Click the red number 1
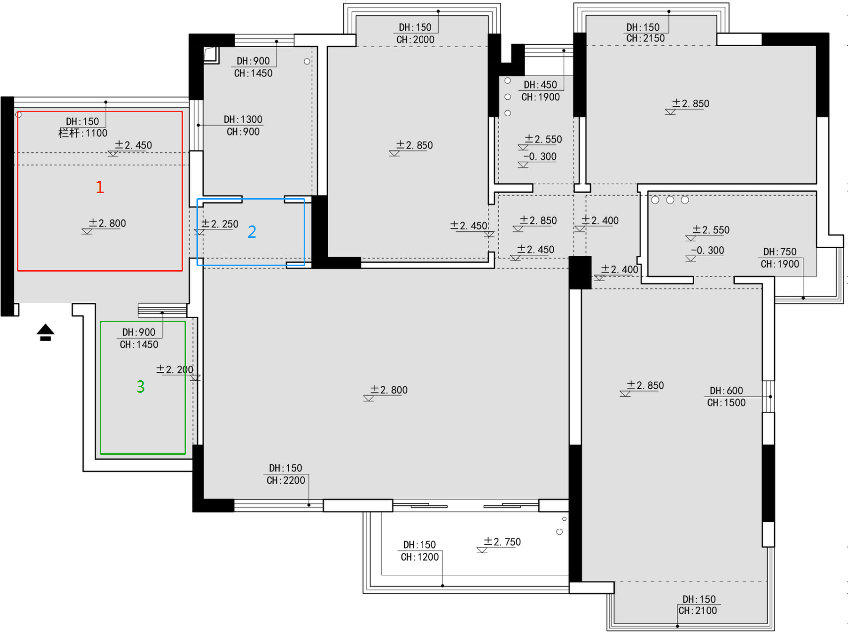tap(100, 187)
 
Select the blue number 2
tap(252, 232)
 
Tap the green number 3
tap(141, 386)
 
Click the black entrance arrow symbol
tap(46, 332)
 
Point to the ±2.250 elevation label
tap(220, 224)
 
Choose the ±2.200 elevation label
tap(175, 370)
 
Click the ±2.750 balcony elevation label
tap(502, 542)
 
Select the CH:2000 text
tap(415, 40)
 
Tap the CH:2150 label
tap(646, 38)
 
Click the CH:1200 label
tap(420, 557)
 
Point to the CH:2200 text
tap(286, 481)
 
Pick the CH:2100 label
tap(698, 611)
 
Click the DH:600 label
tap(726, 391)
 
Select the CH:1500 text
tap(726, 403)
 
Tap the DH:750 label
tap(780, 252)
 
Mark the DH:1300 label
tap(243, 120)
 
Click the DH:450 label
tap(540, 85)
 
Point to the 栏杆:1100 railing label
tap(83, 133)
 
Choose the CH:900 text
tap(243, 132)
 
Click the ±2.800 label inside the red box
tap(107, 223)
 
